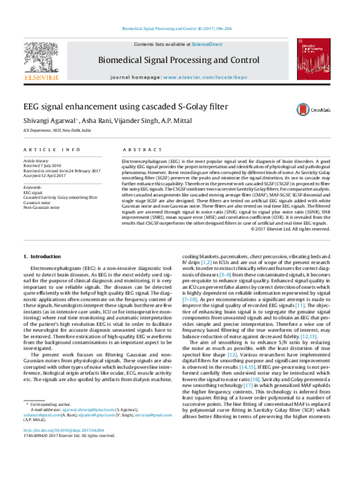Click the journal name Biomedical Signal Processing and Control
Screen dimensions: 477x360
(x=180, y=60)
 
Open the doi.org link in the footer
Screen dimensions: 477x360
(x=64, y=464)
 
